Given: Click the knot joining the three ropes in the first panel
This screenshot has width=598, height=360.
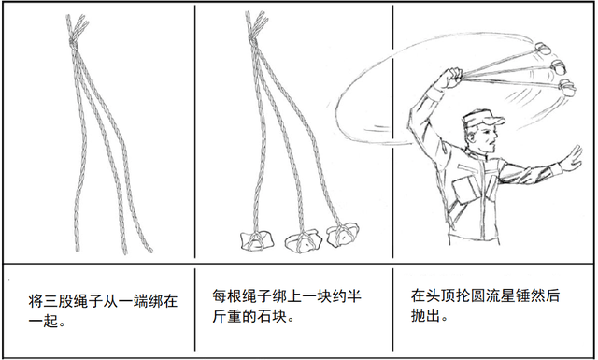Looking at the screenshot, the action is click(x=74, y=44).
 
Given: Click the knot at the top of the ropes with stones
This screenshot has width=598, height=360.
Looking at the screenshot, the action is click(x=253, y=40).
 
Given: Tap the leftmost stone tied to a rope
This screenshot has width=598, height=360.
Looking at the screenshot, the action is click(x=257, y=241).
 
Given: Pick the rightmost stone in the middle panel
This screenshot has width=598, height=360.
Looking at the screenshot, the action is click(x=343, y=233).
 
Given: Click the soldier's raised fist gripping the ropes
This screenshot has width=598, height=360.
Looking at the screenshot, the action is click(x=451, y=78).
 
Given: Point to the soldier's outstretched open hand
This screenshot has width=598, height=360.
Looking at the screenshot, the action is click(x=572, y=158).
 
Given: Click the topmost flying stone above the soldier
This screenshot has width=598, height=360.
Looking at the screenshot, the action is click(x=542, y=48).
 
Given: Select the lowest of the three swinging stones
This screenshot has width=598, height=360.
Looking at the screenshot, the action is click(x=568, y=88).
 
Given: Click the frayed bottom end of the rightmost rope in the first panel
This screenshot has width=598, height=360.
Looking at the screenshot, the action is click(x=149, y=250).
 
